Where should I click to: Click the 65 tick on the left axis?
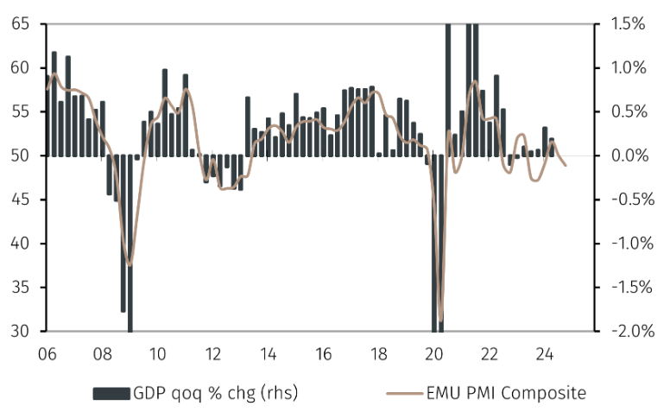(21, 24)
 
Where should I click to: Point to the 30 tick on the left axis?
(21, 331)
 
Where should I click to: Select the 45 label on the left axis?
(21, 200)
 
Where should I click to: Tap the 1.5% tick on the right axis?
(624, 24)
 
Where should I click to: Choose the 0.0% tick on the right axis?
(624, 155)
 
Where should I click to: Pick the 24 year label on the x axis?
(545, 353)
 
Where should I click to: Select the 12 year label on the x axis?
(212, 353)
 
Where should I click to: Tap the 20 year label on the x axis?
(433, 353)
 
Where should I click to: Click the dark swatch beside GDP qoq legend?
(111, 393)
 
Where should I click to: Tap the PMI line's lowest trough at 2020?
(441, 321)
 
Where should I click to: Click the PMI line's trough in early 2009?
(130, 265)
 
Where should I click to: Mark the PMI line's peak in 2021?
(474, 81)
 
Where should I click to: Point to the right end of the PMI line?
(566, 166)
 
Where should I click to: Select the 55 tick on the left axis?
(21, 112)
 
